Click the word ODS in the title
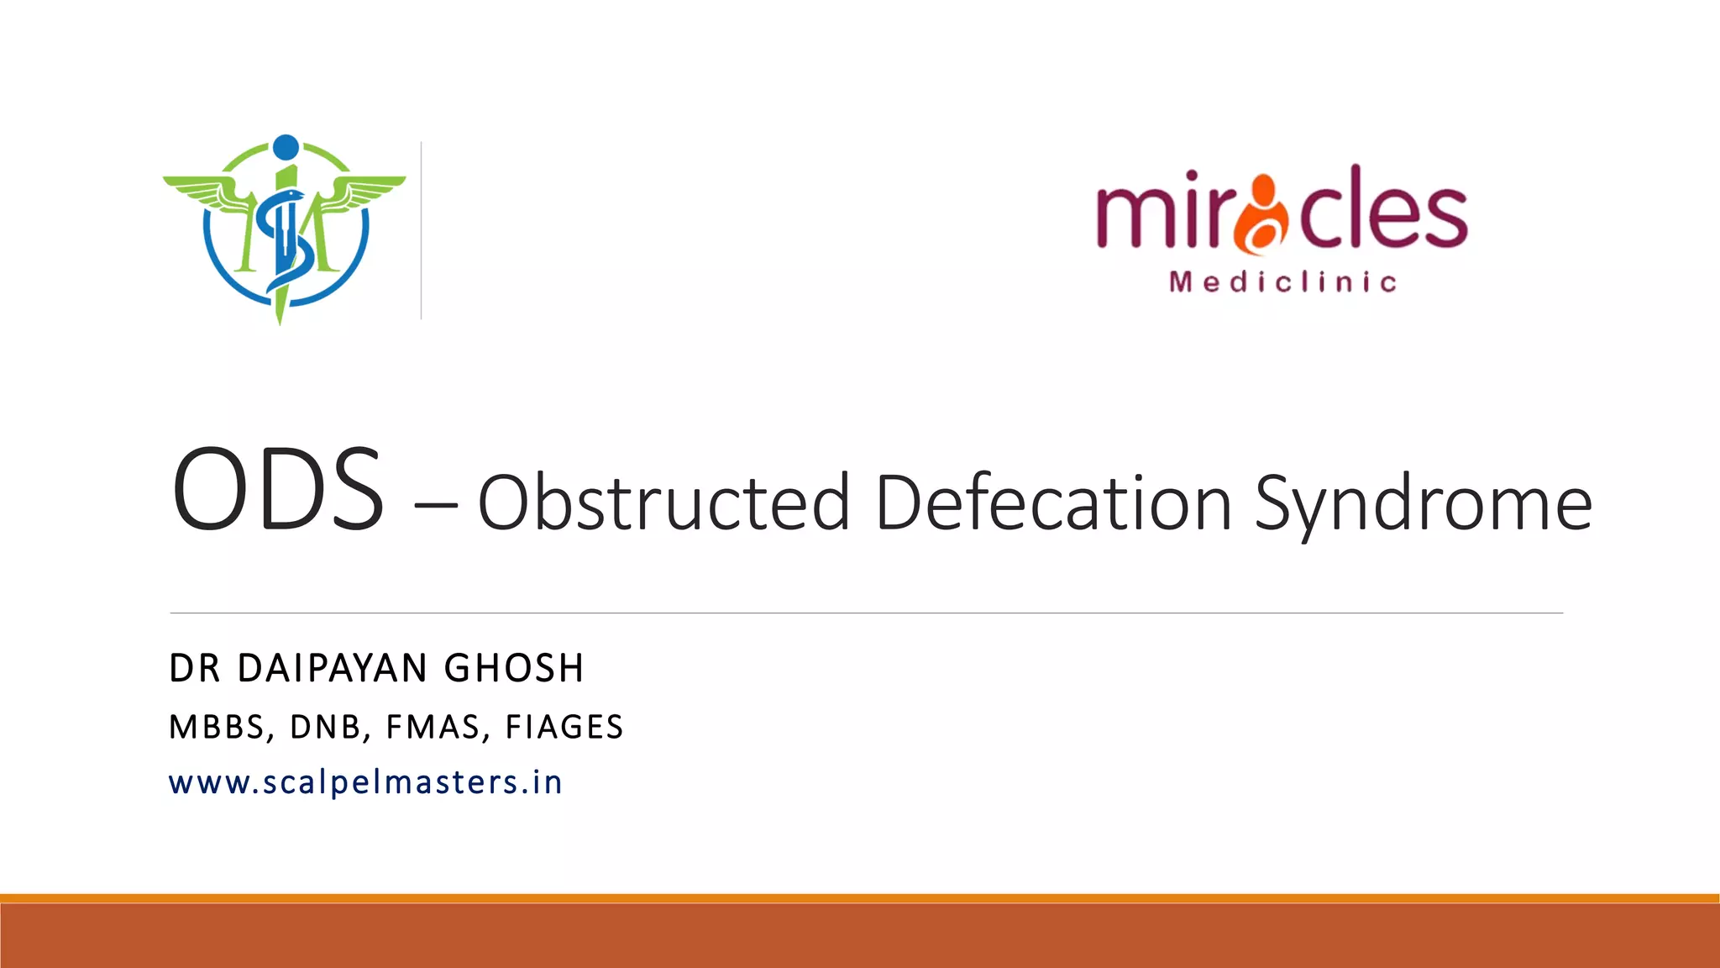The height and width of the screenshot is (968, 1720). [x=278, y=489]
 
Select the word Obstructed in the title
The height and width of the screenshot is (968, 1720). [x=663, y=502]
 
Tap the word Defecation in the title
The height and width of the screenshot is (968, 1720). [x=1053, y=502]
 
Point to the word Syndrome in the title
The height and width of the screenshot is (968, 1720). [x=1423, y=504]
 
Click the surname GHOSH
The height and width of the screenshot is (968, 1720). [x=514, y=669]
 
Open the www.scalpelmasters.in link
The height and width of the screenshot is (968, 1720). [x=365, y=783]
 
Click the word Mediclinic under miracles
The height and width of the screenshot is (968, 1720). [x=1283, y=282]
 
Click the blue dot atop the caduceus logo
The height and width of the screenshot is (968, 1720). [x=286, y=147]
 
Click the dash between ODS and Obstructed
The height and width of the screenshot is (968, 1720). [x=436, y=506]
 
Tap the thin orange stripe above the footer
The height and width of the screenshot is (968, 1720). [x=860, y=898]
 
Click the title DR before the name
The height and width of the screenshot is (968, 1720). [x=195, y=669]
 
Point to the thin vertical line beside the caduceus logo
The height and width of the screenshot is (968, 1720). [x=421, y=230]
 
